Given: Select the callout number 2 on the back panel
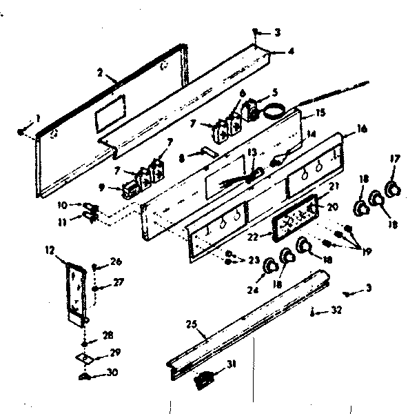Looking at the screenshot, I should pyautogui.click(x=100, y=72).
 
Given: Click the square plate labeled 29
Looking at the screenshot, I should pyautogui.click(x=85, y=357).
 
